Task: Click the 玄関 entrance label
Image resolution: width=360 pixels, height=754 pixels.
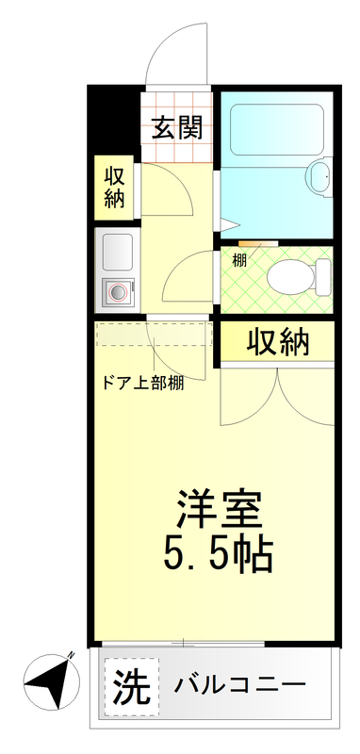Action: [x=178, y=126]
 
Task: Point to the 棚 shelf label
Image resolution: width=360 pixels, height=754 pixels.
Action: [x=240, y=260]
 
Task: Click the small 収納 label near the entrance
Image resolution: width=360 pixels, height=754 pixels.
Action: [x=115, y=187]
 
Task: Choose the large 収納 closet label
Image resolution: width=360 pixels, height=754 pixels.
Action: [x=278, y=343]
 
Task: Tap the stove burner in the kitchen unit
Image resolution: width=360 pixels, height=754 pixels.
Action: [x=118, y=293]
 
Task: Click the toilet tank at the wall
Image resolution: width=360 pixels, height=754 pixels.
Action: [x=323, y=275]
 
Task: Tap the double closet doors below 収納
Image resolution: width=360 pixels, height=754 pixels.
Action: [x=278, y=396]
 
